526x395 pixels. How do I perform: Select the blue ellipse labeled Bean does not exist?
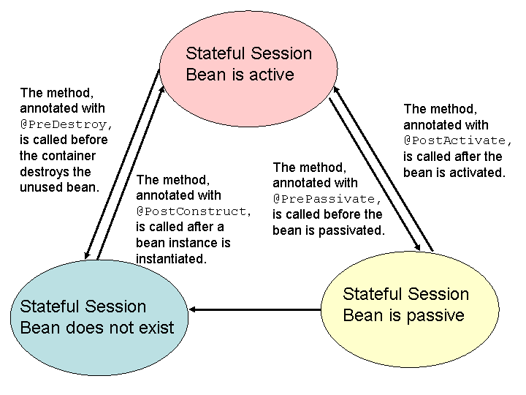(x=96, y=316)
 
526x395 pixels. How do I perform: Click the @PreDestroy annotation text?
(x=64, y=124)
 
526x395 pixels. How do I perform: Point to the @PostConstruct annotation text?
(x=193, y=211)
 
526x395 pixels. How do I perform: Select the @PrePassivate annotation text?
(x=327, y=199)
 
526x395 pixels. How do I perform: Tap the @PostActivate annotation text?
(x=458, y=140)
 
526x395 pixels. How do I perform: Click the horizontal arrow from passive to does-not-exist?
(x=256, y=310)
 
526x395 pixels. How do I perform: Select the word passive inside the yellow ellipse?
(x=435, y=315)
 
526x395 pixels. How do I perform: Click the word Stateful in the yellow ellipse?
(x=372, y=294)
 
